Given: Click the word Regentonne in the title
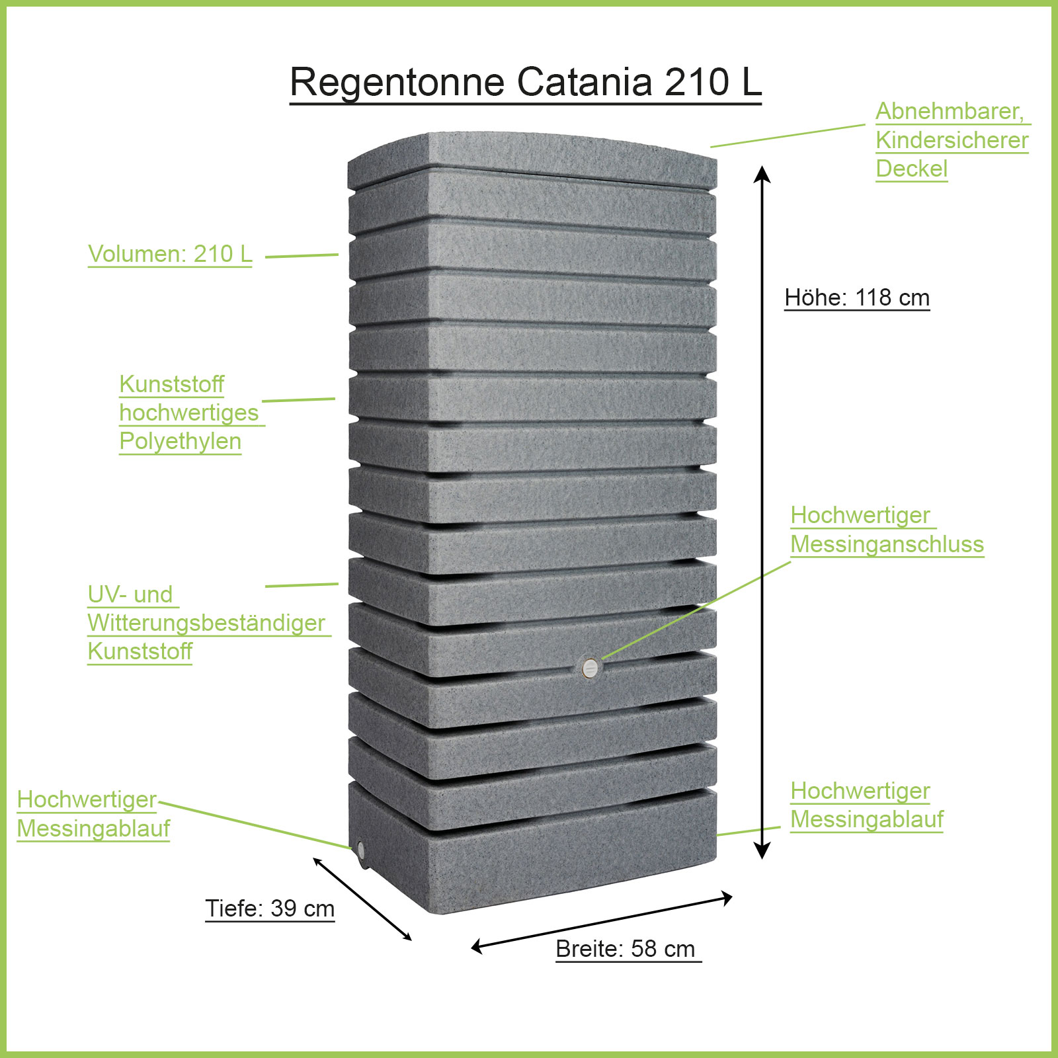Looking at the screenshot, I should point(397,83).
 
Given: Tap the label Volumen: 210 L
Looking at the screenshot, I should point(170,254).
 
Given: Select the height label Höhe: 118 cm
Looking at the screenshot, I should point(857,298).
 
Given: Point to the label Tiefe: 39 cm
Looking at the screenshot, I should point(270,909).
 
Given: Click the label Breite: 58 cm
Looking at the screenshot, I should point(626,949).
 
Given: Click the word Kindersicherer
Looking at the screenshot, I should point(952,140).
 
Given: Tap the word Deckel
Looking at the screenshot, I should point(911,169).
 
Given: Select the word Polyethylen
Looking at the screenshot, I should point(180,441).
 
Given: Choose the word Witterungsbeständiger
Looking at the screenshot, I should point(206,623).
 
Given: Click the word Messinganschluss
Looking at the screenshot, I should point(887,544).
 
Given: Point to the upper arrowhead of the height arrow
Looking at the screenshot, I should point(762,173).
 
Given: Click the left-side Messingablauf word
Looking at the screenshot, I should point(93,829).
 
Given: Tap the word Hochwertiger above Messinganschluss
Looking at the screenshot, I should point(860,515).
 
